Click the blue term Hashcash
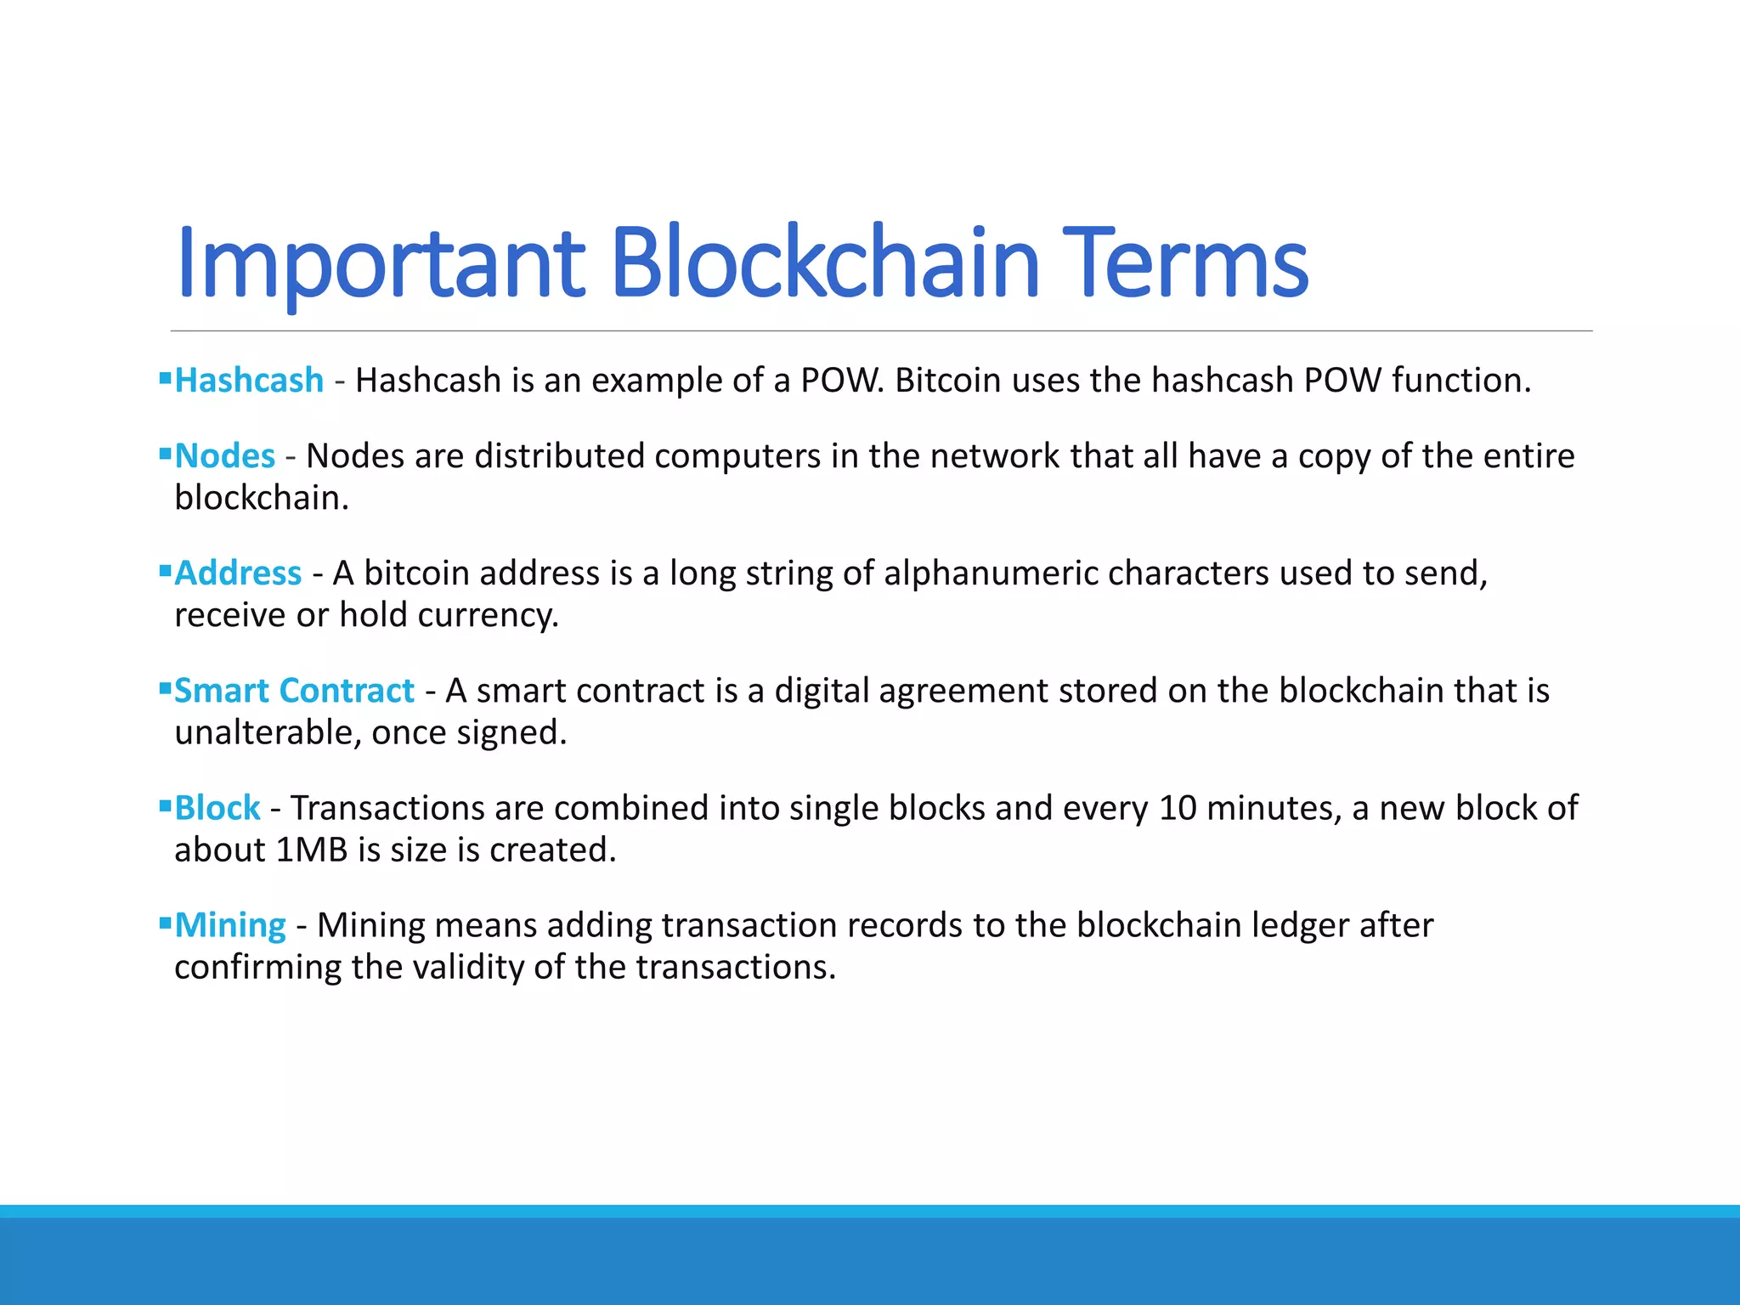click(x=249, y=381)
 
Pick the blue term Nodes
click(x=224, y=456)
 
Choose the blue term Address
click(x=238, y=573)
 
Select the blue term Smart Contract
click(x=294, y=691)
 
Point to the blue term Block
click(x=217, y=808)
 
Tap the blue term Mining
click(x=230, y=925)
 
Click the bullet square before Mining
click(x=165, y=922)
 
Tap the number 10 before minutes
click(x=1178, y=808)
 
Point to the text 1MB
click(x=312, y=850)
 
